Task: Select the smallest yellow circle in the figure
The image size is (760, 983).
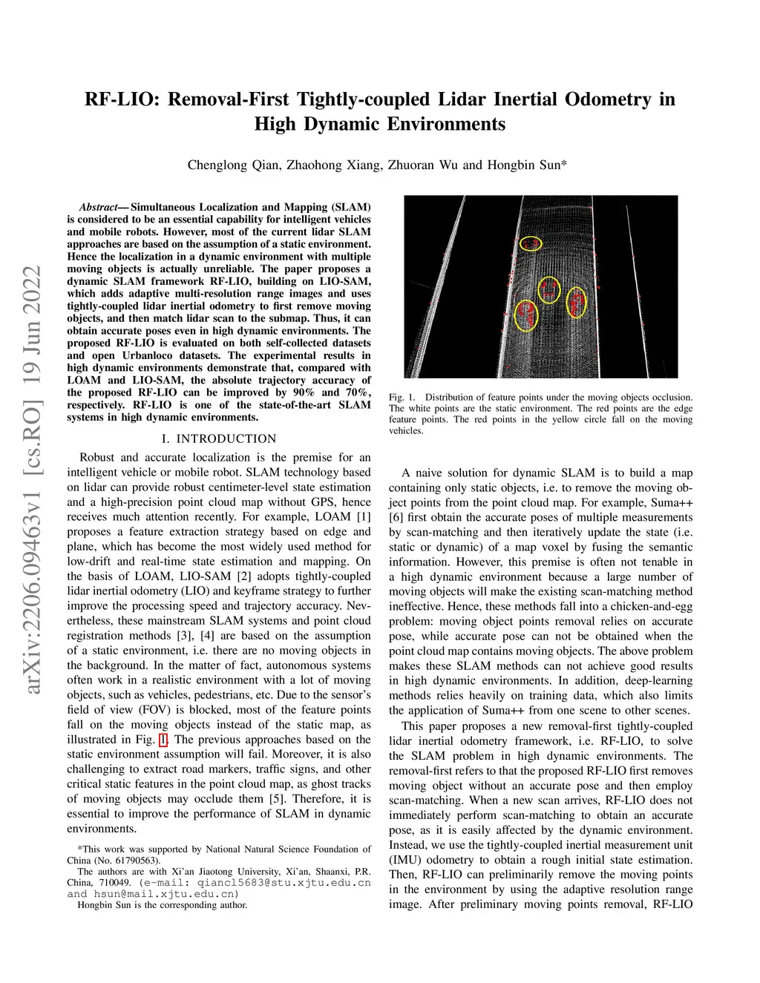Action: tap(530, 243)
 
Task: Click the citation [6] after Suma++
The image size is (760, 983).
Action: tap(396, 517)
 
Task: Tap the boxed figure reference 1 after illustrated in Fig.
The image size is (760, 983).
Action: tap(163, 739)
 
